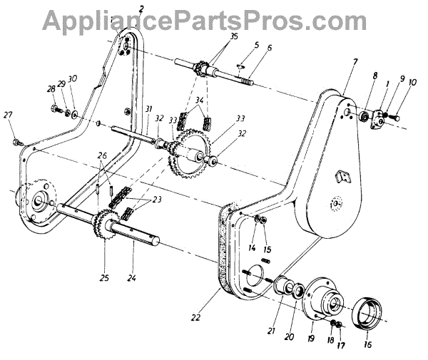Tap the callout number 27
pos(8,115)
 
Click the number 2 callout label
pos(141,8)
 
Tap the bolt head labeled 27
pos(17,142)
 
